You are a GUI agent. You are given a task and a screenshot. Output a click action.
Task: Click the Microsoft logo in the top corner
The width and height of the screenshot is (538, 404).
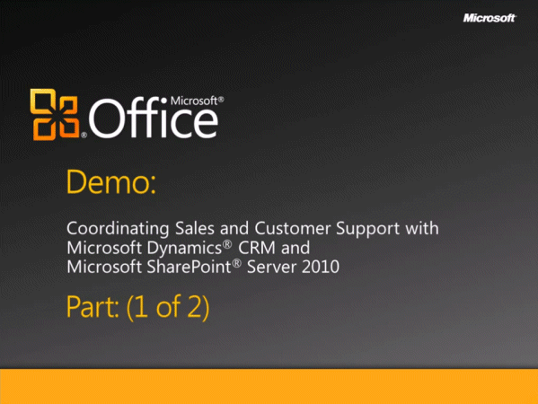489,18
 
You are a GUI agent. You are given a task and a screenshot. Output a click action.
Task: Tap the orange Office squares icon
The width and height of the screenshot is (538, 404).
55,115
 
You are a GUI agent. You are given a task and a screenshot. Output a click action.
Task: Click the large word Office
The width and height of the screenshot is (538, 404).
154,118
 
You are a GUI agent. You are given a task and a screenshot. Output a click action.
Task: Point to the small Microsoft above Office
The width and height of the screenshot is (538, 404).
194,101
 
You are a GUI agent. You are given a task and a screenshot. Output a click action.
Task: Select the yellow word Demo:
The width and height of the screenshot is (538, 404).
111,181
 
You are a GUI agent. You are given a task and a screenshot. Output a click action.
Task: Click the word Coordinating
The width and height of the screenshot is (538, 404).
118,228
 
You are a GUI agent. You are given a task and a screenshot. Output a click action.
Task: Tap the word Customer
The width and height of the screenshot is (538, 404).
293,228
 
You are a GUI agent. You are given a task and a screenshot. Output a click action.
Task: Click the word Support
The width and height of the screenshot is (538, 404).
368,229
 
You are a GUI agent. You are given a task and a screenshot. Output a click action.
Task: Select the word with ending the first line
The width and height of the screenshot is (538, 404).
422,228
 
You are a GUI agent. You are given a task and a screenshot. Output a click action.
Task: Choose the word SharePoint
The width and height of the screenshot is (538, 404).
190,267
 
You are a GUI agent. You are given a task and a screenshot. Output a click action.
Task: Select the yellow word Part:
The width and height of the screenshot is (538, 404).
93,307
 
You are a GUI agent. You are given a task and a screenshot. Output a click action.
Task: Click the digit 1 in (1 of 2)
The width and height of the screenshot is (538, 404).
140,307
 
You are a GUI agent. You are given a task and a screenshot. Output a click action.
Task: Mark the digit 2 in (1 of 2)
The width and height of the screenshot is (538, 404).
195,307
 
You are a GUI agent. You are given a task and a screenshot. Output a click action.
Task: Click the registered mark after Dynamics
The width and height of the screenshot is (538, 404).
227,244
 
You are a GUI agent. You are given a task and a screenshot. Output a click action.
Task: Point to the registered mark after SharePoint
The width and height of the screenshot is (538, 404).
237,263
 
